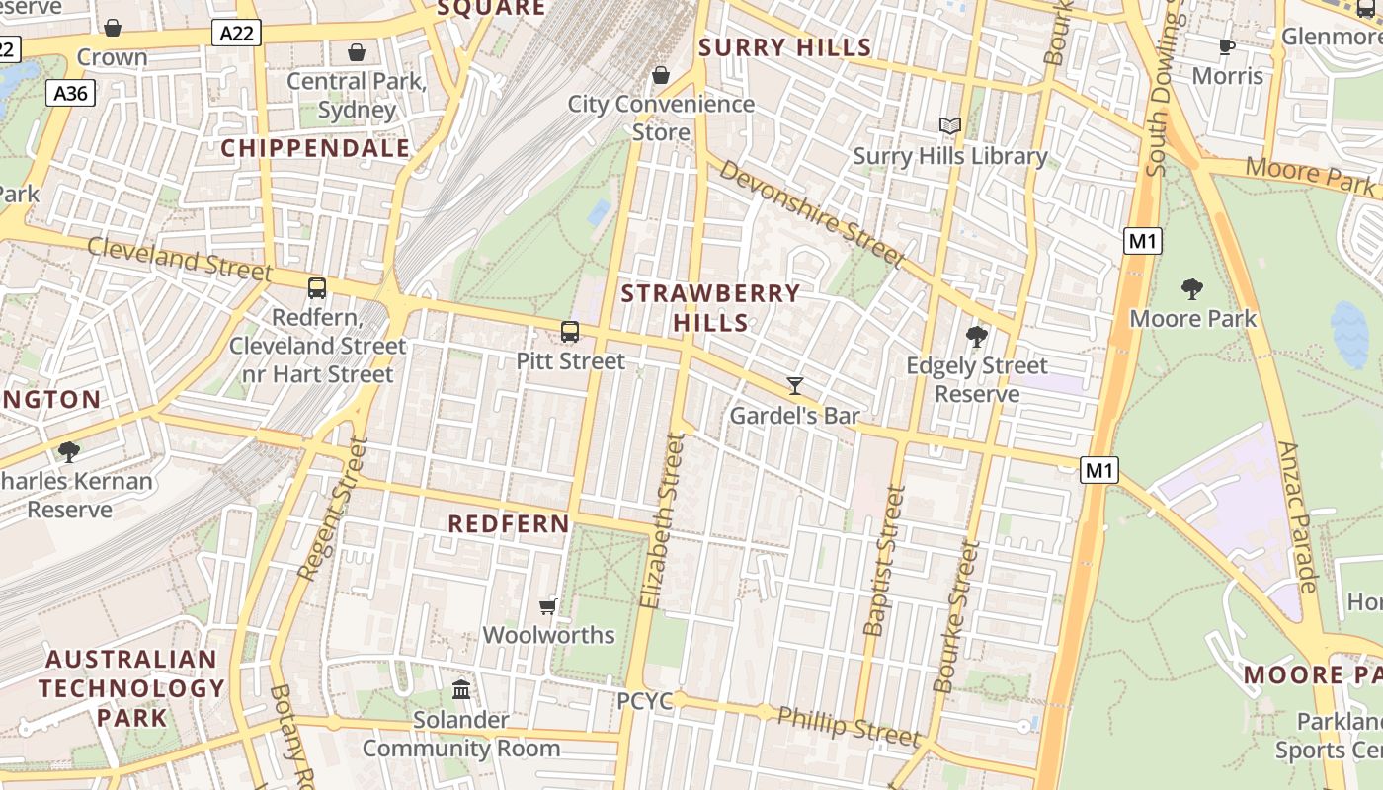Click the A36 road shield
pyautogui.click(x=70, y=94)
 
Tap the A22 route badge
pyautogui.click(x=236, y=34)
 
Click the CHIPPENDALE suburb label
pyautogui.click(x=315, y=148)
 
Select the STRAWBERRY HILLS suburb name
pyautogui.click(x=710, y=308)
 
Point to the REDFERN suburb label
pyautogui.click(x=509, y=523)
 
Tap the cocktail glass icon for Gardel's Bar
pyautogui.click(x=795, y=386)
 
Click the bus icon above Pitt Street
pyautogui.click(x=570, y=332)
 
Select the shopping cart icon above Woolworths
pyautogui.click(x=548, y=606)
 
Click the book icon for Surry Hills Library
pyautogui.click(x=949, y=126)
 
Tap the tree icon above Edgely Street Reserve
pyautogui.click(x=977, y=337)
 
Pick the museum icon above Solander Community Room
pyautogui.click(x=461, y=689)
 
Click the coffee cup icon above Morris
pyautogui.click(x=1227, y=46)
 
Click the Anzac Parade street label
pyautogui.click(x=1297, y=517)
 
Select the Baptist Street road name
pyautogui.click(x=883, y=560)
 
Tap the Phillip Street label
pyautogui.click(x=849, y=726)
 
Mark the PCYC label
pyautogui.click(x=645, y=701)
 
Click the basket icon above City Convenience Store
pyautogui.click(x=661, y=75)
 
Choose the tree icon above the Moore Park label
pyautogui.click(x=1192, y=289)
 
